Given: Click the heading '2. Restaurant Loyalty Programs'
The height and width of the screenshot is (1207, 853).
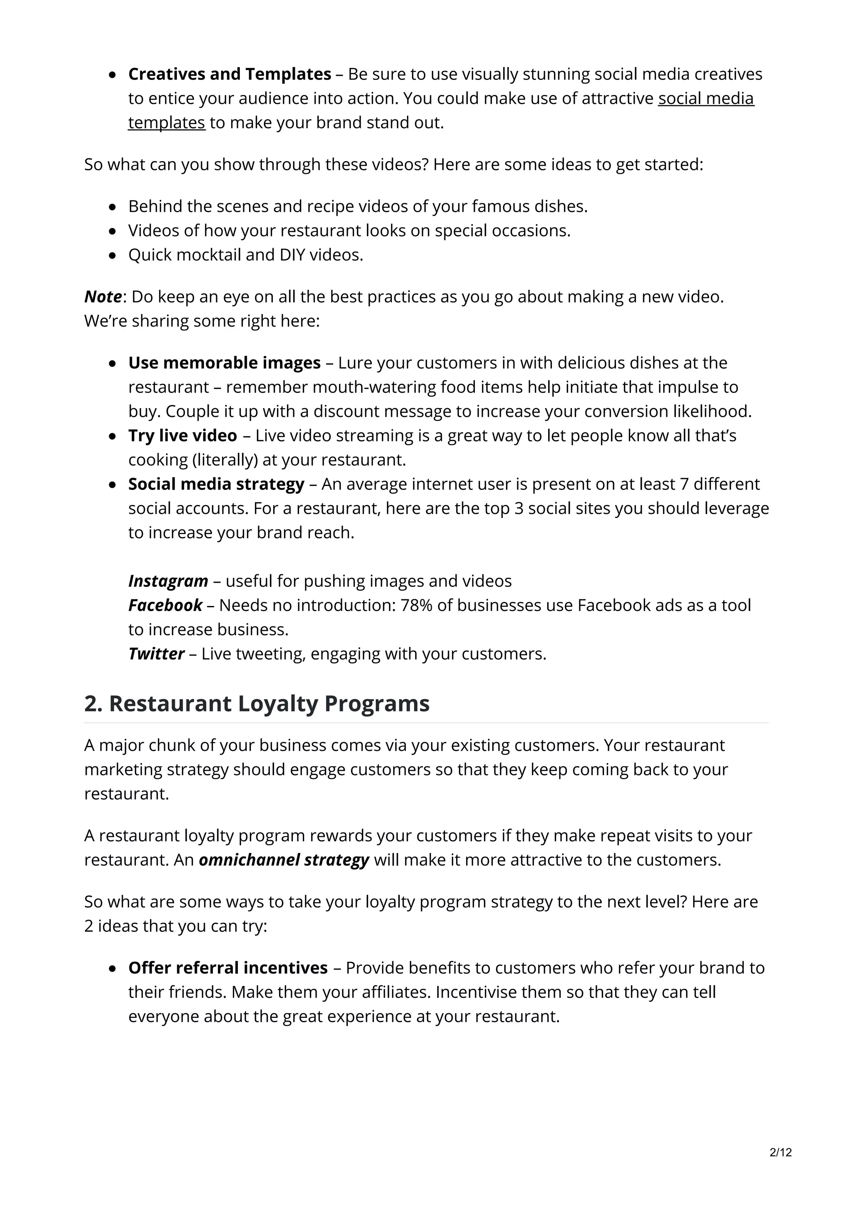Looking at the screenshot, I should point(257,703).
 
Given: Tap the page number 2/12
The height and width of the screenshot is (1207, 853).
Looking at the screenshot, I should point(780,1152).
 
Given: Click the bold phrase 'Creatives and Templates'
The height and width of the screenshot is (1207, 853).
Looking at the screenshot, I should point(229,74).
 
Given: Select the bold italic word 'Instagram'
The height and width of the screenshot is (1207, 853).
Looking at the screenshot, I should point(168,581).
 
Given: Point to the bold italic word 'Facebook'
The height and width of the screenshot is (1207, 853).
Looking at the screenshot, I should point(165,605).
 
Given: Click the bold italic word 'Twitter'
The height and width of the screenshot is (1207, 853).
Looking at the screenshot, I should point(156,653).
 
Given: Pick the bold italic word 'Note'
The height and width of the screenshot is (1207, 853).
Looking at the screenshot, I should point(103,297).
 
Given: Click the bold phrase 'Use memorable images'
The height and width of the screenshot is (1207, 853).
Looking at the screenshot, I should point(224,363).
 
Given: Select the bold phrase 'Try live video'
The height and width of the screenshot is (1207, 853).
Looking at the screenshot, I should point(182,435).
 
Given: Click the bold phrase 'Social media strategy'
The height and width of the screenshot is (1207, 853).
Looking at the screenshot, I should point(216,484).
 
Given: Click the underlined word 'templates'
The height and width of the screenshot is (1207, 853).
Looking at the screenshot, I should point(167,122).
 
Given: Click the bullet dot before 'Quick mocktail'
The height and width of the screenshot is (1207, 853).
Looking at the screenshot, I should point(112,255).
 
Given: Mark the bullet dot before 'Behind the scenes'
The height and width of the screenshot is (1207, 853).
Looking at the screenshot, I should point(112,207).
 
